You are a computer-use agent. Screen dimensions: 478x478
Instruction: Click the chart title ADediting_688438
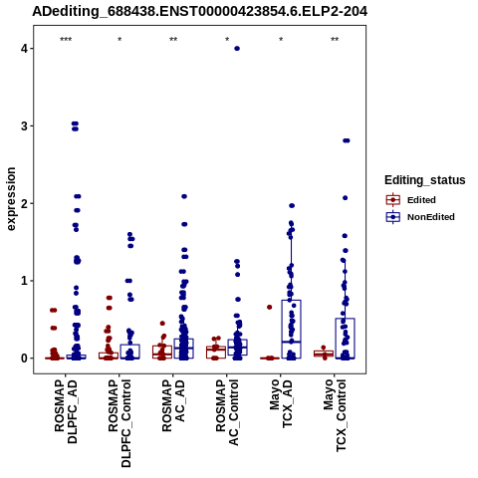click(x=199, y=12)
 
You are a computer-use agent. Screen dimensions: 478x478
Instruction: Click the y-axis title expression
click(x=11, y=199)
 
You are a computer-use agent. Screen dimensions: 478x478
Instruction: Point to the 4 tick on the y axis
click(x=25, y=49)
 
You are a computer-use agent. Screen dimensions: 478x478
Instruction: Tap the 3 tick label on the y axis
click(x=25, y=125)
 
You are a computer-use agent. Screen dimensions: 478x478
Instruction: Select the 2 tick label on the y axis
click(x=25, y=203)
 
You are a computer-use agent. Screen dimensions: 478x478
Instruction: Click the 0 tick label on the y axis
click(x=25, y=358)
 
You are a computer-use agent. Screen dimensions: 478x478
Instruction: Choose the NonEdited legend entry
click(x=420, y=217)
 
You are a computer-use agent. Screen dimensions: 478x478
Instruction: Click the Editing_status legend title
click(x=425, y=180)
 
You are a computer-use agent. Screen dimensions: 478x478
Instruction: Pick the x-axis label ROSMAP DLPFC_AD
click(x=66, y=411)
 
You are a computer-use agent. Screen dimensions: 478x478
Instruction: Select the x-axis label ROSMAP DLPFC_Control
click(x=119, y=423)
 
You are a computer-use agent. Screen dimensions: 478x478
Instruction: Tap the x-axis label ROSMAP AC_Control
click(x=227, y=412)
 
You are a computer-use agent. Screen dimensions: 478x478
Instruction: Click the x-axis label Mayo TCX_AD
click(x=281, y=404)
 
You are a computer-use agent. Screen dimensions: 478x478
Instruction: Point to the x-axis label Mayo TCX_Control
click(x=335, y=415)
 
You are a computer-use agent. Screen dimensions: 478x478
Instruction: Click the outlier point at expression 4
click(x=237, y=49)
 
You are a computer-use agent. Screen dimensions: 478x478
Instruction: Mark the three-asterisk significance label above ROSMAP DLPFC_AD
click(x=66, y=40)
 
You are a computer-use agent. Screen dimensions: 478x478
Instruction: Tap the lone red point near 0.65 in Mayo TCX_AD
click(x=270, y=308)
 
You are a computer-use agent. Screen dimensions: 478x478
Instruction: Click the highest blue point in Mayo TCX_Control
click(x=347, y=140)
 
